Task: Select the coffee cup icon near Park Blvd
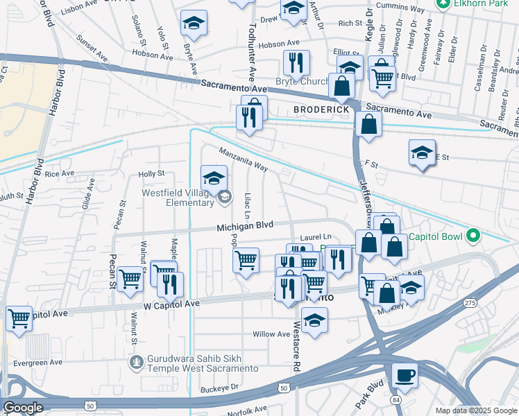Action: pos(404,376)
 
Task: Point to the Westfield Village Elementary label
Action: pos(179,198)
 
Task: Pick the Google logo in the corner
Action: pos(24,408)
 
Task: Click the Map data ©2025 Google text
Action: pos(475,410)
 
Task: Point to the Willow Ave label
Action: pos(271,334)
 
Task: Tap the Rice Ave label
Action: pos(59,173)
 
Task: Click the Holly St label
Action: pos(151,173)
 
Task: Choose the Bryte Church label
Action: pos(303,81)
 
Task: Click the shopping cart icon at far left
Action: pos(19,318)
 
